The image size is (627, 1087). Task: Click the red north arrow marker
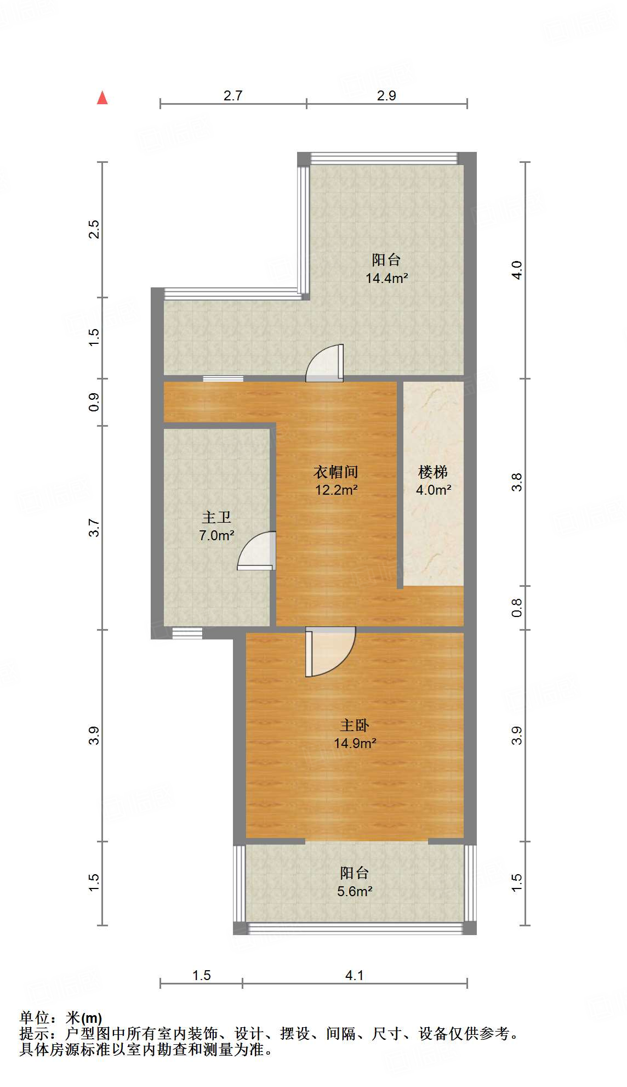pos(102,98)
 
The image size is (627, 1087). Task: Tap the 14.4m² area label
pos(386,278)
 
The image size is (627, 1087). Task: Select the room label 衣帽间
pos(335,472)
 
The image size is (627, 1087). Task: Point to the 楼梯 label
pos(433,472)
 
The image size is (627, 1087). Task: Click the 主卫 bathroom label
pos(216,517)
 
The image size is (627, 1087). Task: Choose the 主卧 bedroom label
pos(355,726)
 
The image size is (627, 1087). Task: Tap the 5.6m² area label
pos(355,891)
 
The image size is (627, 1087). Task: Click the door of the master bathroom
pos(256,551)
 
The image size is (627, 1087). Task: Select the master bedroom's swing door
pos(329,652)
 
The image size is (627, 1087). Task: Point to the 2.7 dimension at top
pos(233,95)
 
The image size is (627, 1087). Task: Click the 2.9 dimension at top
pos(386,95)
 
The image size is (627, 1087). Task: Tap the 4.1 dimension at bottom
pos(355,975)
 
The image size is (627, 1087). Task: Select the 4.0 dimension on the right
pos(517,270)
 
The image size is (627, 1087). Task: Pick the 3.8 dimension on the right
pos(517,482)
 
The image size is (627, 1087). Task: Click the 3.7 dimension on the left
pos(94,528)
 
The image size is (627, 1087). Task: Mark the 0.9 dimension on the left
pos(94,402)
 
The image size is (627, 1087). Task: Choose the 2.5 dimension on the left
pos(94,229)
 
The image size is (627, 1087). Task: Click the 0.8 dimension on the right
pos(517,608)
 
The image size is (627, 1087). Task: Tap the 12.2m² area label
pos(336,490)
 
